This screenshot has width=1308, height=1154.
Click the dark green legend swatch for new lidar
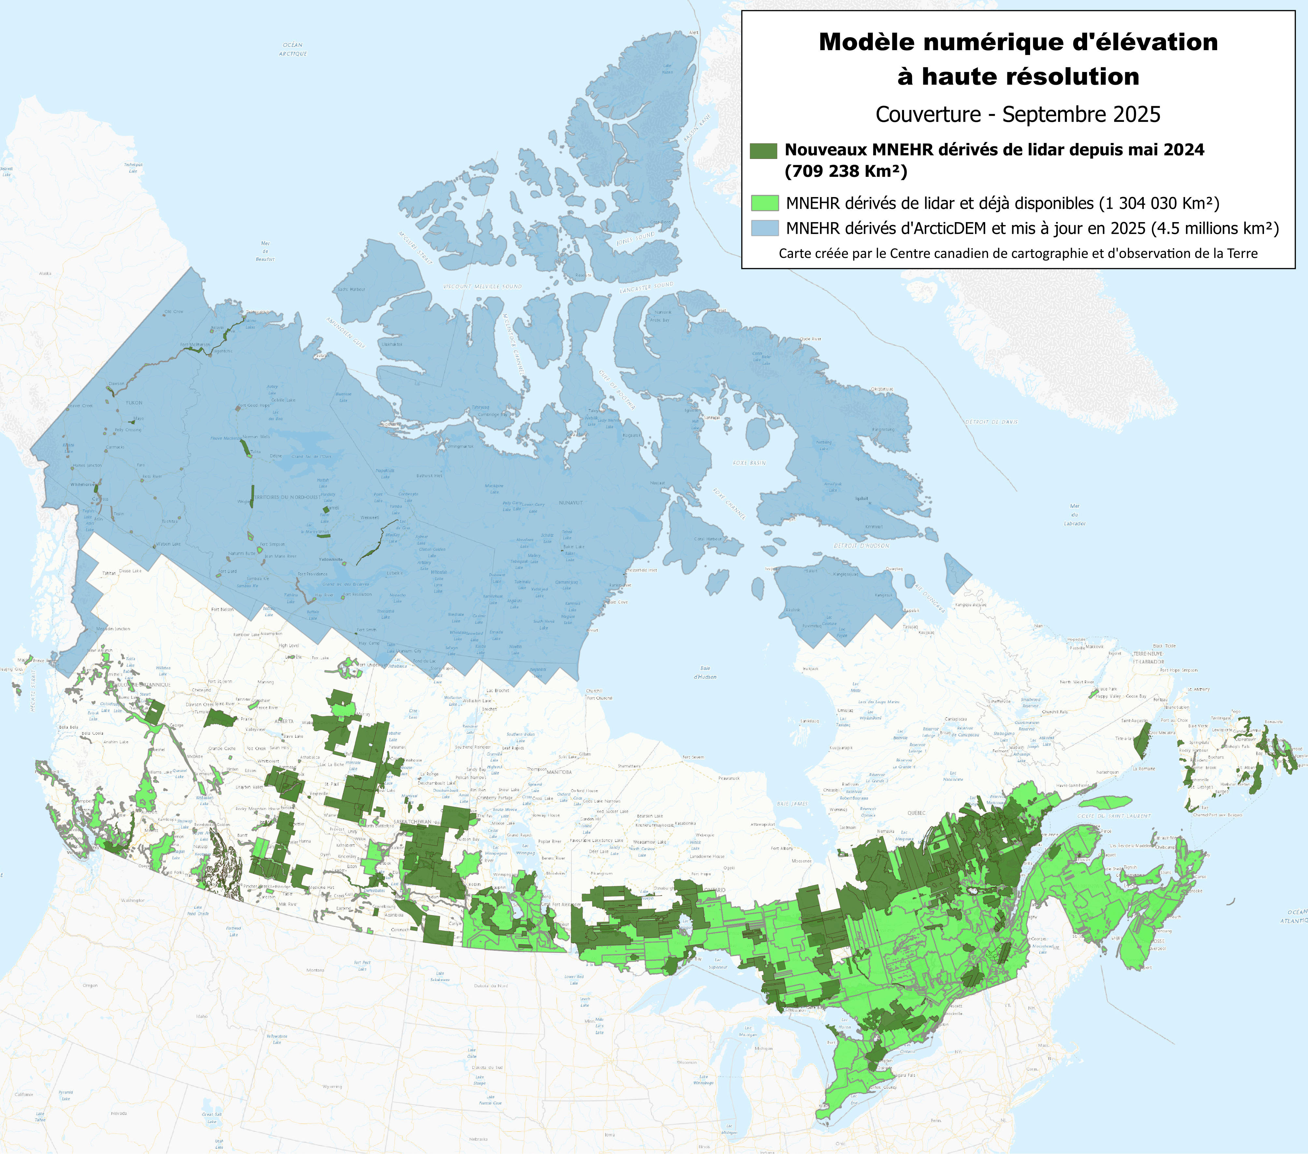[x=763, y=150]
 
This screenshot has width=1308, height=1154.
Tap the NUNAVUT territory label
[x=571, y=503]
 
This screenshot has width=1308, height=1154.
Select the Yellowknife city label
[x=331, y=559]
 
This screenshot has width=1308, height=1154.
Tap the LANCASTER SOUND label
[x=646, y=288]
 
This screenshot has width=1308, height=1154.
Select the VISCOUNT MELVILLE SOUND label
[x=482, y=287]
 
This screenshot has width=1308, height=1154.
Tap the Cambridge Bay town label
[x=492, y=415]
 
